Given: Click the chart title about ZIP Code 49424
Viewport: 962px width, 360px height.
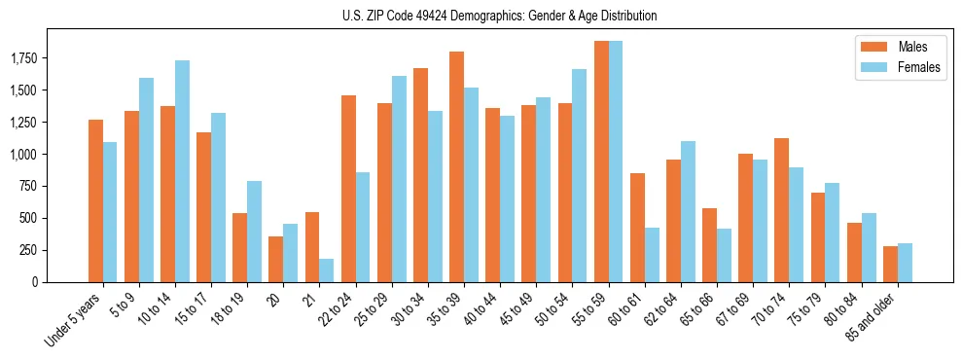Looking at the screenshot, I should tap(499, 16).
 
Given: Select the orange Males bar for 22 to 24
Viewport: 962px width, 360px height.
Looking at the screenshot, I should tap(348, 189).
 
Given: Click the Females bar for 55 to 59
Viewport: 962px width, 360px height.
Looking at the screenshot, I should tap(615, 162).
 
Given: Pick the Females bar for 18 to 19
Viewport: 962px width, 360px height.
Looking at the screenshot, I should tap(254, 232).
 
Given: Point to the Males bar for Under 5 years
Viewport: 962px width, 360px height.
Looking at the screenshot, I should tap(95, 200).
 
